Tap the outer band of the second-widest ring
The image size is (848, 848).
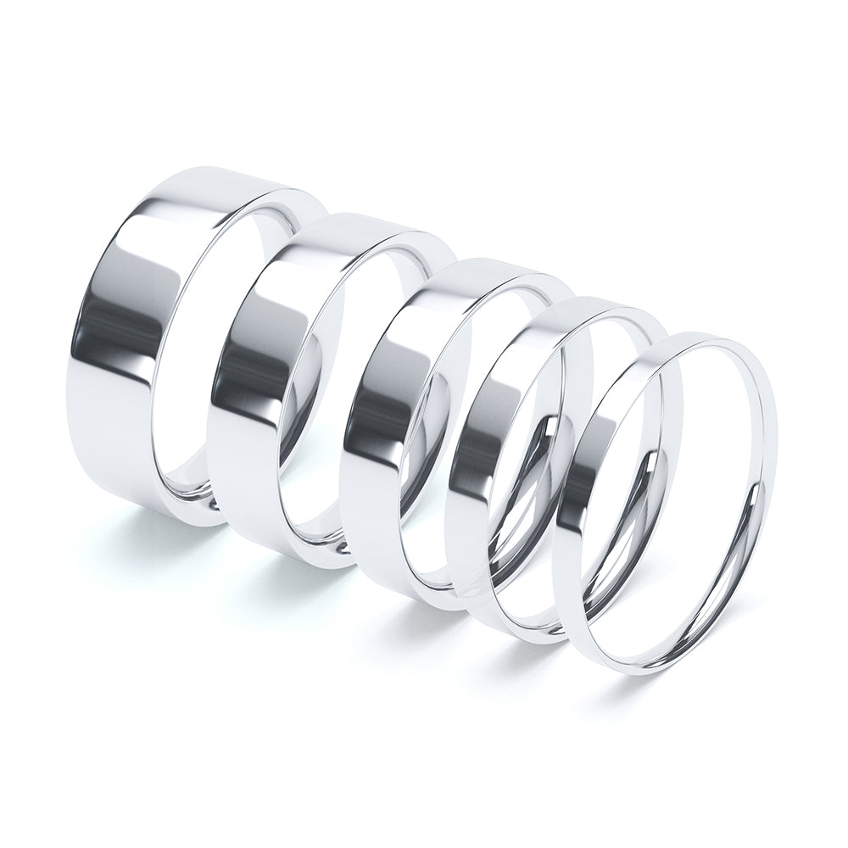[x=254, y=382]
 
